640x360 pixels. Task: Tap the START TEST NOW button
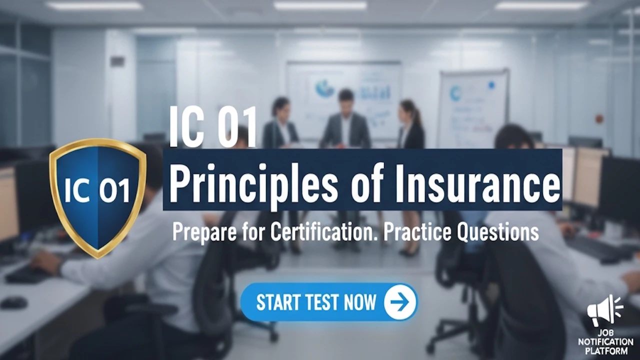(328, 302)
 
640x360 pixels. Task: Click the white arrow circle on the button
(400, 302)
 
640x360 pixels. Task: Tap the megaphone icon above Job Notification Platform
(604, 310)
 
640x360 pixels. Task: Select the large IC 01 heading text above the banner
(213, 127)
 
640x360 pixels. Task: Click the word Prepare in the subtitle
(203, 232)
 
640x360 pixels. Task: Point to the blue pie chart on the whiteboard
(324, 88)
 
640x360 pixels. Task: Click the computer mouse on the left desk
(13, 302)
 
